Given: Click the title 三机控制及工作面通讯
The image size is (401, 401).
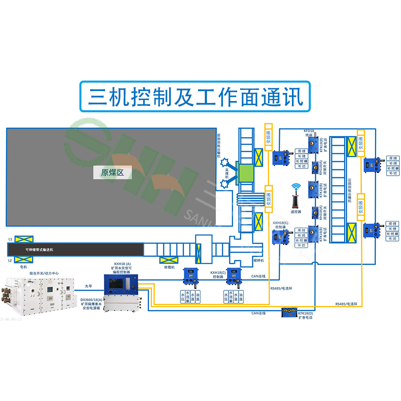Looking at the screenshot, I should point(195,97).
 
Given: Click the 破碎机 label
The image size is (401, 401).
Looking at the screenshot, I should point(258,260).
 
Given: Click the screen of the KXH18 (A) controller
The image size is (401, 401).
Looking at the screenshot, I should point(116,284).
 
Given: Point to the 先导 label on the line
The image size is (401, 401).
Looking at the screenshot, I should point(89,286).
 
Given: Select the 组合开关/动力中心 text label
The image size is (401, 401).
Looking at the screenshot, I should point(44,273).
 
